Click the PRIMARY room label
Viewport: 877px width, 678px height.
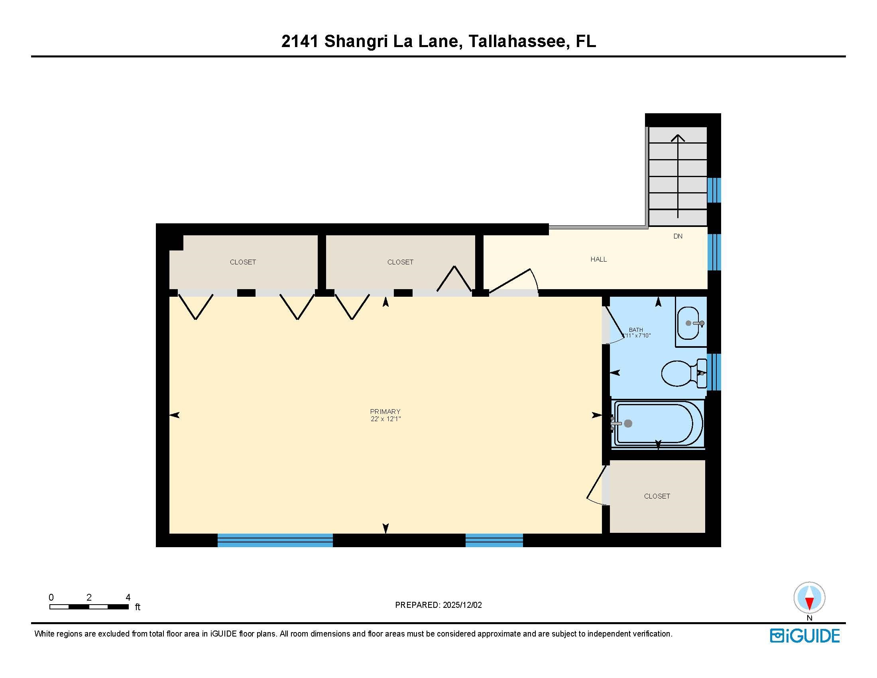385,411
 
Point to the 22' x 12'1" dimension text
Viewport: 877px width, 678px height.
385,419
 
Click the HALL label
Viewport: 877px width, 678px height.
598,260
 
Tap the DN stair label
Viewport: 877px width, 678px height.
678,236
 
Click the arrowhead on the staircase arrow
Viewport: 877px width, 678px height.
678,138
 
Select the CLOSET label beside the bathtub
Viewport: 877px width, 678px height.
657,496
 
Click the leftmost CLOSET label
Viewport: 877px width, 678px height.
242,262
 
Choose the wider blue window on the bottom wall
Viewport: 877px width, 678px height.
275,540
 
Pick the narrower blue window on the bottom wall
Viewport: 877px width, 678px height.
494,540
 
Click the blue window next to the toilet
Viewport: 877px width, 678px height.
714,372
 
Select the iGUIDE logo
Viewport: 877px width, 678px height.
805,636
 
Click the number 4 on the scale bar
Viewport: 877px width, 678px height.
128,597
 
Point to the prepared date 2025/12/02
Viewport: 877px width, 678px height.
462,605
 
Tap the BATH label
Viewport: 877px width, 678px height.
636,330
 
